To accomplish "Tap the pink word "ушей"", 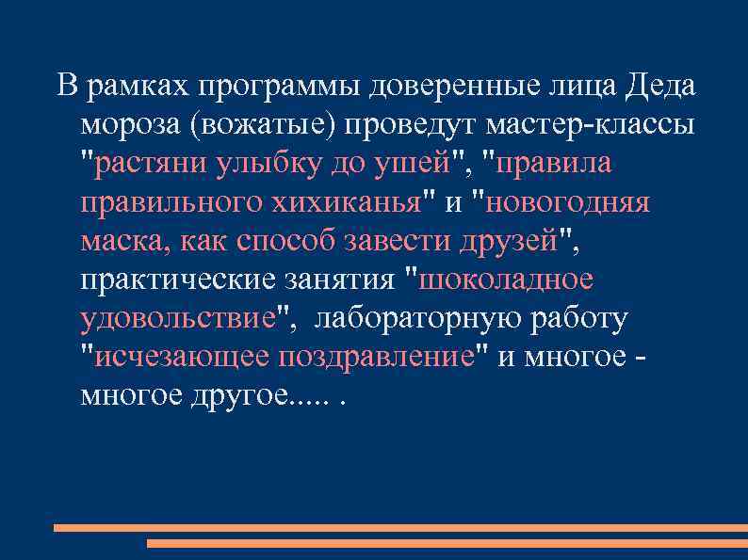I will [404, 164].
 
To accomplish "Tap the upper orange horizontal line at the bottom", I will [399, 528].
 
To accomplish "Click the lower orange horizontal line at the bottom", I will [447, 543].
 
